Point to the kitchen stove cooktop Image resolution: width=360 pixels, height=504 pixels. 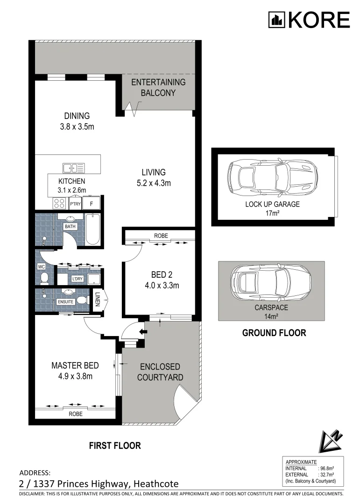tap(59, 203)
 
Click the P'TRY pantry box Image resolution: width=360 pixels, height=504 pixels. tap(74, 203)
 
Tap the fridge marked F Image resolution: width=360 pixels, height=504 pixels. tap(92, 203)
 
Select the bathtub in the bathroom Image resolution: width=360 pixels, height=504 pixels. tap(92, 229)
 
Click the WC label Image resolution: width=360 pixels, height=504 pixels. tap(41, 267)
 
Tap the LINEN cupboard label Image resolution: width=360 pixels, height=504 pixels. tap(98, 299)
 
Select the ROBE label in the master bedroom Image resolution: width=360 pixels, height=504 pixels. tap(75, 413)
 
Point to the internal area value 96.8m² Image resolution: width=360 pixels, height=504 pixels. tap(326, 468)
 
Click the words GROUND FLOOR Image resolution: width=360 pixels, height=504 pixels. tap(274, 333)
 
